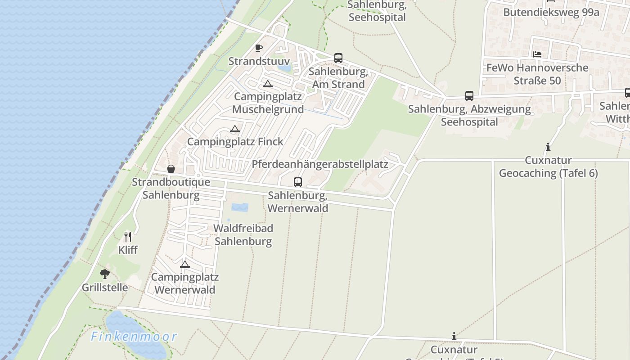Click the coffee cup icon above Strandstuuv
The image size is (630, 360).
tap(259, 48)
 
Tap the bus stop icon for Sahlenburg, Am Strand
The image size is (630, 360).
tap(338, 58)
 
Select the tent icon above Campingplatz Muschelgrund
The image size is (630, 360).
tap(268, 84)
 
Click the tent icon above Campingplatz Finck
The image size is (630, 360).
tap(234, 129)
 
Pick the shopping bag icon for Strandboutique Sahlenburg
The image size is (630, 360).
tap(171, 169)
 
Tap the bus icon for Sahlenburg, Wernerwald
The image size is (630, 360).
tap(298, 182)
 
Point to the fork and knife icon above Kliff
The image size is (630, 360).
tap(128, 236)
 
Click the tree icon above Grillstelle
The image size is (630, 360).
tap(105, 274)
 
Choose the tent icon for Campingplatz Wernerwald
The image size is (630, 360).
tap(185, 264)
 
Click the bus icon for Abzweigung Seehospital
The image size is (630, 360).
tap(469, 96)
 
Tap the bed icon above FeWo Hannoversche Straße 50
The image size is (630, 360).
tap(537, 54)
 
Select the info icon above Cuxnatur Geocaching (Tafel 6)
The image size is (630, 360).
tap(548, 147)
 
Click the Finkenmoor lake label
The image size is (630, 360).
tap(134, 336)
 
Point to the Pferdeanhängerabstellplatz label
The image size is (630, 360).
tap(320, 164)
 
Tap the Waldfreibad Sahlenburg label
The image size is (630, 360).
tap(243, 234)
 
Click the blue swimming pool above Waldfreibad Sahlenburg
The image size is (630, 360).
tap(239, 207)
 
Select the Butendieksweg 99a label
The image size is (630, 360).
tap(551, 12)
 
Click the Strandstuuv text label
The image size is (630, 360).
tap(259, 61)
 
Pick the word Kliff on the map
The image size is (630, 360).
tap(128, 250)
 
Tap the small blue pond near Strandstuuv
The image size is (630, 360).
tap(284, 68)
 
